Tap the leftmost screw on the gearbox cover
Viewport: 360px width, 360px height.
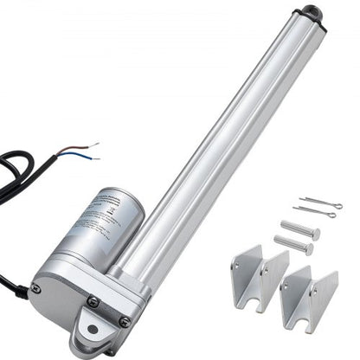35,288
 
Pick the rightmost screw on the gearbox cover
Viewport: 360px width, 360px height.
125,321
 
